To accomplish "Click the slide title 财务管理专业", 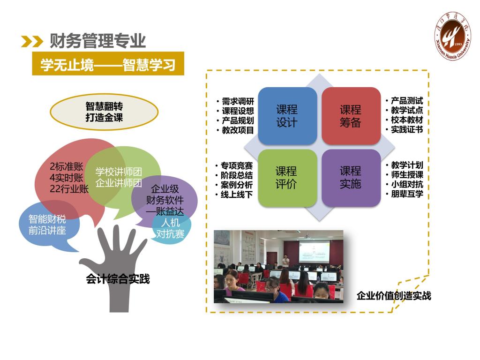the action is (x=97, y=41).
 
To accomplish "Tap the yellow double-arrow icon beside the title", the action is (x=32, y=42).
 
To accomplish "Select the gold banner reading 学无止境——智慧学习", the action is (x=108, y=64).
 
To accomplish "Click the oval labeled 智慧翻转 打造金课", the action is (x=104, y=112).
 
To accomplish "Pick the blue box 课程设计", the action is (x=287, y=116).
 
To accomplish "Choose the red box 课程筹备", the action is (x=351, y=116).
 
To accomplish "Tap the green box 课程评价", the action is (x=287, y=178).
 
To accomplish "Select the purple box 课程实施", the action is (x=351, y=178).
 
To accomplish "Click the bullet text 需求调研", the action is (x=238, y=101).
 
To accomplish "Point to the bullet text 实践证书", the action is (x=407, y=129).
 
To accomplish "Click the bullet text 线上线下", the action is (x=237, y=195).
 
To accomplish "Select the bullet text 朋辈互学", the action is (x=407, y=194).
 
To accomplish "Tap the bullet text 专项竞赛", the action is (x=237, y=165).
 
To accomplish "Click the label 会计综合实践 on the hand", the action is (x=118, y=279).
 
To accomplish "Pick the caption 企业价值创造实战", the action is (x=394, y=296).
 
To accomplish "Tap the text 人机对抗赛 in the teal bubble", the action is (x=170, y=228).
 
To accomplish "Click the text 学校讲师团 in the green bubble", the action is (x=119, y=172).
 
